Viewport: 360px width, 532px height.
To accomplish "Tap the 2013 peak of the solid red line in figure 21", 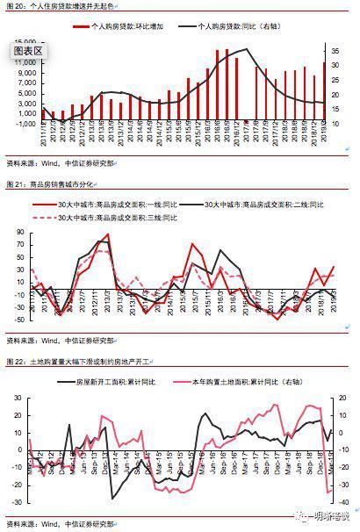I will tap(107, 235).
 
